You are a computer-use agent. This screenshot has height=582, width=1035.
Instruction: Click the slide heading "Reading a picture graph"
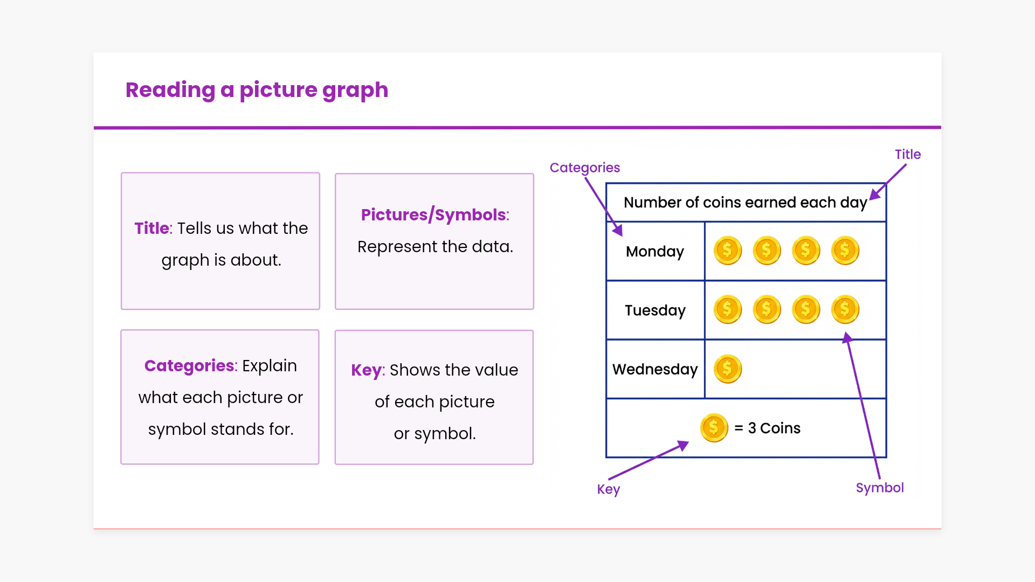[257, 90]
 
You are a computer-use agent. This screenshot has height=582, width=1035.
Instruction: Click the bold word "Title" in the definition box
[152, 228]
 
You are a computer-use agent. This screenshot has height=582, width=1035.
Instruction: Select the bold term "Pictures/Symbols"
[434, 214]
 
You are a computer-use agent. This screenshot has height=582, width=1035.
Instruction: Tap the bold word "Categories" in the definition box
[189, 366]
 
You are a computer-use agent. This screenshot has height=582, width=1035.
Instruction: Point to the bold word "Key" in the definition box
[367, 370]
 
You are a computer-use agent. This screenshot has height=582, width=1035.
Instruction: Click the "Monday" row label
[655, 252]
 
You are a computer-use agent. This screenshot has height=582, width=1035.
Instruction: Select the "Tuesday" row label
[655, 310]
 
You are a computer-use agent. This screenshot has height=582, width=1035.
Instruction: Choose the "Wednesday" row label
[655, 369]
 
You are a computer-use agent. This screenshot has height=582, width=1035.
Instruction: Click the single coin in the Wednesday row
[728, 369]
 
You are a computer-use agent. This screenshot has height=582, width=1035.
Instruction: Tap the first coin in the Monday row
[728, 251]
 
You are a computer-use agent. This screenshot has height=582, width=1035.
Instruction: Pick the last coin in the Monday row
[845, 251]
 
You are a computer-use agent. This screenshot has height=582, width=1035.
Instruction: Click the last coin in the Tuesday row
[845, 309]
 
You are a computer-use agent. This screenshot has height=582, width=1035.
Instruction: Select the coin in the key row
[714, 428]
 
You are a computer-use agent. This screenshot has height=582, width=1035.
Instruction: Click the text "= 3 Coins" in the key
[767, 428]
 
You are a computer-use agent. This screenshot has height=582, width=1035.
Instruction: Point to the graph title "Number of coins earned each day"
[746, 203]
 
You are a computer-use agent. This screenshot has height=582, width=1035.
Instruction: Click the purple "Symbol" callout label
[880, 488]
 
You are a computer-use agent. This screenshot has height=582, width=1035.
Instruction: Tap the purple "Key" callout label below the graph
[609, 489]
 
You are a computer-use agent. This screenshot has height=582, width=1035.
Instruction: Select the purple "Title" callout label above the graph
[908, 154]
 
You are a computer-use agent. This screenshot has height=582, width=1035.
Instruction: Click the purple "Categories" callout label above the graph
[585, 168]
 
